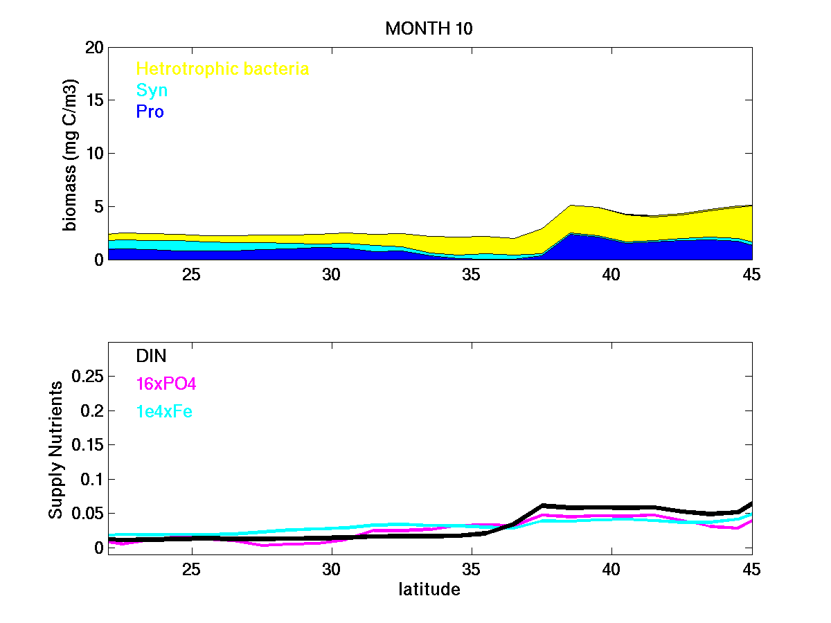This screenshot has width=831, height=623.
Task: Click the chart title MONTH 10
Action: pos(429,28)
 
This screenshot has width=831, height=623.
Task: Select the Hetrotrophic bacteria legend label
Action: pos(222,69)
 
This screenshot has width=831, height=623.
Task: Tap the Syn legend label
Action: pos(152,90)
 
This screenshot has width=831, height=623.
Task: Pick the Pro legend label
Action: pos(150,111)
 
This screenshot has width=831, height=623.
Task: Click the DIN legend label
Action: pos(151,356)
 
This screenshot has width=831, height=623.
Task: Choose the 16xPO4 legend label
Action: pos(166,383)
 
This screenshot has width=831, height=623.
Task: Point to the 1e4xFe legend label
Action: pos(164,412)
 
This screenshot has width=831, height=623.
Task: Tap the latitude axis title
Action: pos(429,590)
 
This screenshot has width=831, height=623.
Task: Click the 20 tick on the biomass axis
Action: pos(94,48)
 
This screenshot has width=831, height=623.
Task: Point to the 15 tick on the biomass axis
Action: pos(94,100)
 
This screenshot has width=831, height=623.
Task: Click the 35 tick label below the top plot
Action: pos(471,275)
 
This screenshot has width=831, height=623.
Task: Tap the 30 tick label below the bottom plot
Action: pos(332,569)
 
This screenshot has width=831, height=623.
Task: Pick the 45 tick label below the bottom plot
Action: pos(751,569)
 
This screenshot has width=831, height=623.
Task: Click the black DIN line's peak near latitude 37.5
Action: pos(543,506)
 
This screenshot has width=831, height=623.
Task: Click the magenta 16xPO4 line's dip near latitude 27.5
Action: pos(263,545)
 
